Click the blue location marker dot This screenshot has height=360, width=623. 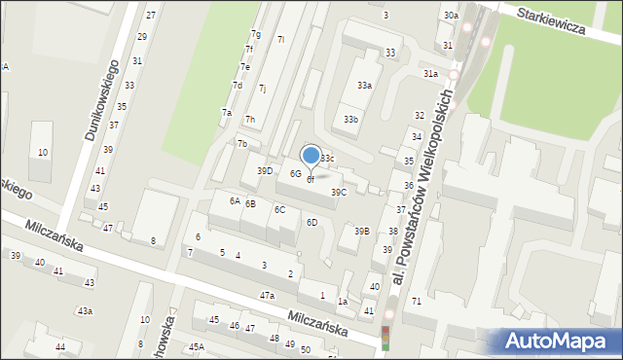pyautogui.click(x=311, y=155)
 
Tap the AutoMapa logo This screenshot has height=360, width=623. pyautogui.click(x=557, y=341)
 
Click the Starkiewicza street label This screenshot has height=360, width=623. pyautogui.click(x=551, y=21)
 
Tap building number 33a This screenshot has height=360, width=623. pyautogui.click(x=364, y=86)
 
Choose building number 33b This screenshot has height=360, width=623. pyautogui.click(x=350, y=120)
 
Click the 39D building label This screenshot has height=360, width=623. pyautogui.click(x=265, y=171)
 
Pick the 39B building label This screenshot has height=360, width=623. pyautogui.click(x=361, y=232)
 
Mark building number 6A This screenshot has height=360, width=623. pyautogui.click(x=235, y=200)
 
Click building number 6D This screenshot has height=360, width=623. pyautogui.click(x=312, y=223)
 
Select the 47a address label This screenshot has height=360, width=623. pyautogui.click(x=267, y=295)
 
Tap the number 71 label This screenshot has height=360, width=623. pyautogui.click(x=417, y=302)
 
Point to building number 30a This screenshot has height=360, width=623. pyautogui.click(x=451, y=17)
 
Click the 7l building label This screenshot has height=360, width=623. pyautogui.click(x=280, y=40)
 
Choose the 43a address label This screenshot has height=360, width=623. pyautogui.click(x=86, y=311)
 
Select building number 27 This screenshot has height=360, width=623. pyautogui.click(x=150, y=16)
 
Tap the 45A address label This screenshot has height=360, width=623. pyautogui.click(x=197, y=347)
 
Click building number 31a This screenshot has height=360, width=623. pyautogui.click(x=430, y=74)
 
